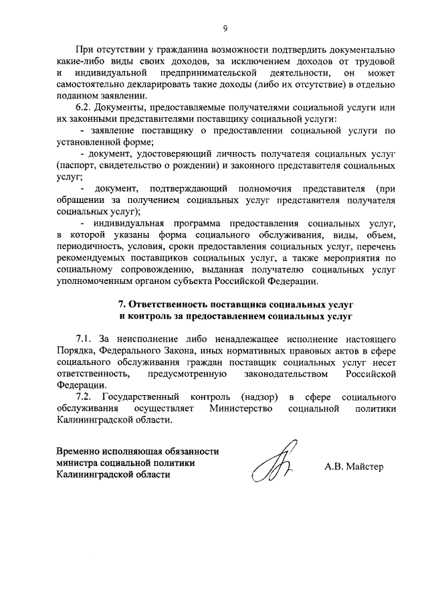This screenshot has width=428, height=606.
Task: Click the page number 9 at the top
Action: point(225,27)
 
